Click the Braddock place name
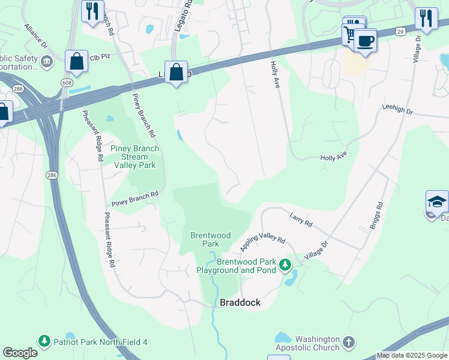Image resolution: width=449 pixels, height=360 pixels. pos(240,303)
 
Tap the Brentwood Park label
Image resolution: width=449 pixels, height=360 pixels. pos(210,239)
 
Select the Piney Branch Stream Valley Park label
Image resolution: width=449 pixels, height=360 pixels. pos(134,157)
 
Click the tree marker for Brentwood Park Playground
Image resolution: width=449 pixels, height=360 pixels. pos(286,264)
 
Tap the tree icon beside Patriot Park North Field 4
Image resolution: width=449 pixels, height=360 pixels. pos(44,341)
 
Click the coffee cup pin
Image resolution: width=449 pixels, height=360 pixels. pos(364,41)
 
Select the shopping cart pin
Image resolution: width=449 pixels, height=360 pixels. pos(351,34)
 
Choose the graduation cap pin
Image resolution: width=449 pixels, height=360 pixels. pos(437,203)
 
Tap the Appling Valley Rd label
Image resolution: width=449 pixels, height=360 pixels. pos(263,242)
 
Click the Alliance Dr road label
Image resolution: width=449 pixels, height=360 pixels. pos(35,36)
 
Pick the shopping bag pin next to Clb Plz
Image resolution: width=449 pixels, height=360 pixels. pos(76,61)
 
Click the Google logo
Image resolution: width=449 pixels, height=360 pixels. pos(20,353)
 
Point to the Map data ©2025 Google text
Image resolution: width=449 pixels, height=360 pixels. pos(412,355)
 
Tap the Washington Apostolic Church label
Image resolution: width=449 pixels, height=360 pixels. pos(307,343)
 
